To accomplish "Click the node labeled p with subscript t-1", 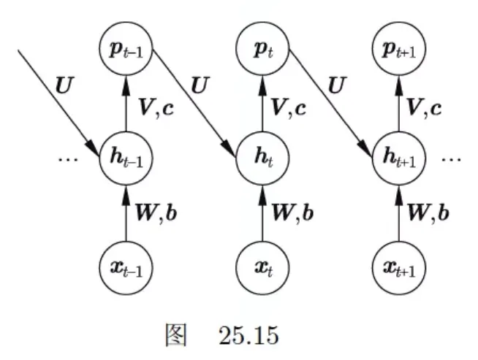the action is [x=126, y=49].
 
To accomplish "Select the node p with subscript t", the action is [x=262, y=49].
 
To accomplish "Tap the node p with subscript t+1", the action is [x=399, y=49].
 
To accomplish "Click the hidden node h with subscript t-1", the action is [x=126, y=158].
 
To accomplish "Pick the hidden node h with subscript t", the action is [x=262, y=158].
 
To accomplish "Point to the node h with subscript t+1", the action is [x=399, y=158].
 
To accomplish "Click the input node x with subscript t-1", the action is [x=126, y=268].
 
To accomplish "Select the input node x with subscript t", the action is [x=262, y=268].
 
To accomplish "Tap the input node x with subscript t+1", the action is [x=399, y=268].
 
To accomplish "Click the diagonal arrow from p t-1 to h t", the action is [x=194, y=104].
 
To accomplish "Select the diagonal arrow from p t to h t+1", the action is [x=331, y=104].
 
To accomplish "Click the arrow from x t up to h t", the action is [x=262, y=213].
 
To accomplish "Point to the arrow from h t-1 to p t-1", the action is [x=126, y=104].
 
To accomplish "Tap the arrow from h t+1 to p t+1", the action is [x=399, y=104].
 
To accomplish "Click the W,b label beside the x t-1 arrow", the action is [x=156, y=213].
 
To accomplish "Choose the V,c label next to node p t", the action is [x=289, y=108].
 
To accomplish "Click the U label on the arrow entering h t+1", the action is [x=336, y=85].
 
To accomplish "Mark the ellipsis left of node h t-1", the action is [x=68, y=158].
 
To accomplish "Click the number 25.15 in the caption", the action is [x=249, y=336].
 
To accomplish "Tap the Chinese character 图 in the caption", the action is [x=176, y=334].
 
